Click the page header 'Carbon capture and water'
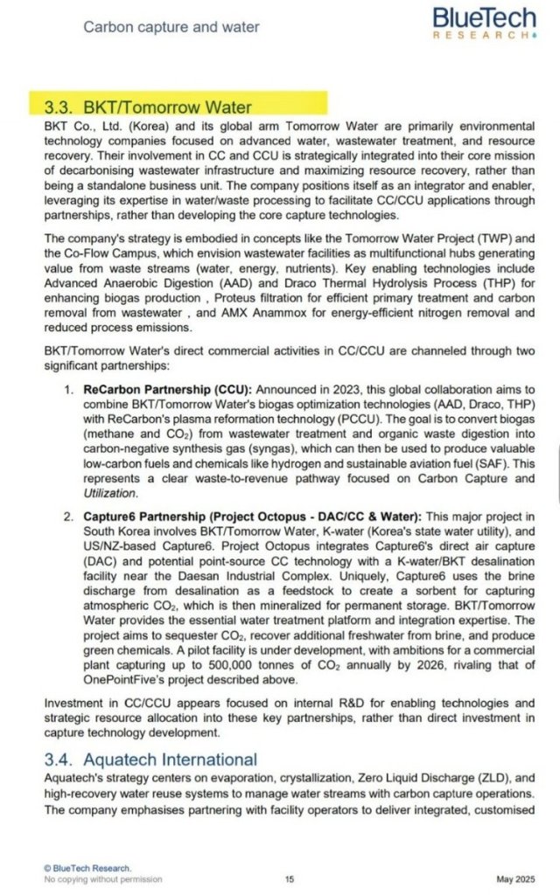[171, 27]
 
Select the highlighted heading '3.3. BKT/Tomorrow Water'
[147, 108]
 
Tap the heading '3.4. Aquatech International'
[150, 760]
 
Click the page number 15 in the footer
[290, 878]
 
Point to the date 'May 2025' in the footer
[514, 878]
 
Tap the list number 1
[67, 388]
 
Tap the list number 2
[67, 517]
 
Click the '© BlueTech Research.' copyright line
[87, 867]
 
